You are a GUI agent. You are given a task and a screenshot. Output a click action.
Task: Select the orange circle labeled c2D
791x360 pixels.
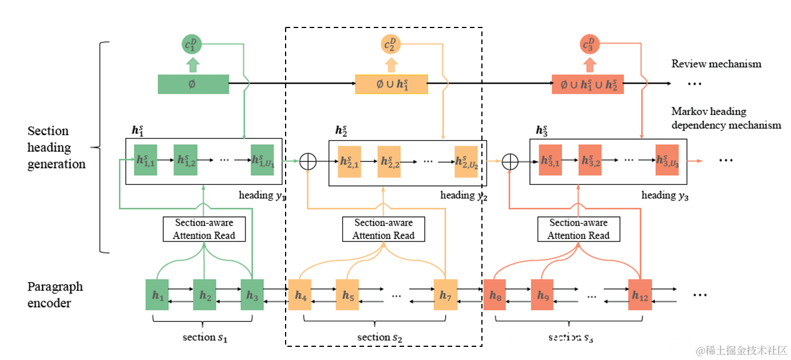click(391, 43)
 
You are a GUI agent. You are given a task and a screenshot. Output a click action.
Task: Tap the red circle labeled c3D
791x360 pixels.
click(590, 43)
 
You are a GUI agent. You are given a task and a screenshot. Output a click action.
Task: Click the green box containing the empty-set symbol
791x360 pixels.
click(193, 84)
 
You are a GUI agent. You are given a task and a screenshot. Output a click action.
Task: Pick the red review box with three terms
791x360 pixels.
click(588, 84)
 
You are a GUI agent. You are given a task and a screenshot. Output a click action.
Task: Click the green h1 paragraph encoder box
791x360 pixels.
click(157, 295)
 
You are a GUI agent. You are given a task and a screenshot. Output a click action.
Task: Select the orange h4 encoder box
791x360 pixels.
click(300, 295)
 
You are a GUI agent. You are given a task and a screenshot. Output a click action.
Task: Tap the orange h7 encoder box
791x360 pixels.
click(445, 295)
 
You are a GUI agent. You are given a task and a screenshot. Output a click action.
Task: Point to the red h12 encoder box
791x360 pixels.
click(640, 295)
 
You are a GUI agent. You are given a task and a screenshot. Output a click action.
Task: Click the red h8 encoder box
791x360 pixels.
click(495, 295)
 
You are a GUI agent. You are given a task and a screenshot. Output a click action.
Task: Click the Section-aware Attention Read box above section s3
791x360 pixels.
click(579, 229)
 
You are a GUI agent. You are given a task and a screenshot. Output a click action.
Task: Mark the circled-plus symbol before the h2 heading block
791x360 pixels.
click(308, 162)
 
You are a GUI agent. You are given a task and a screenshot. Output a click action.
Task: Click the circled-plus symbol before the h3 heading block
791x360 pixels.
click(509, 162)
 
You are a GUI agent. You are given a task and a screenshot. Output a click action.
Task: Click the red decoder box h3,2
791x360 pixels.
click(590, 160)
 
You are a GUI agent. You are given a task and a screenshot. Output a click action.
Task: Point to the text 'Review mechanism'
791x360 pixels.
click(716, 64)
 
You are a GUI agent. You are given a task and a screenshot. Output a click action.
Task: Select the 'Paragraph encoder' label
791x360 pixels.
click(55, 295)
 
